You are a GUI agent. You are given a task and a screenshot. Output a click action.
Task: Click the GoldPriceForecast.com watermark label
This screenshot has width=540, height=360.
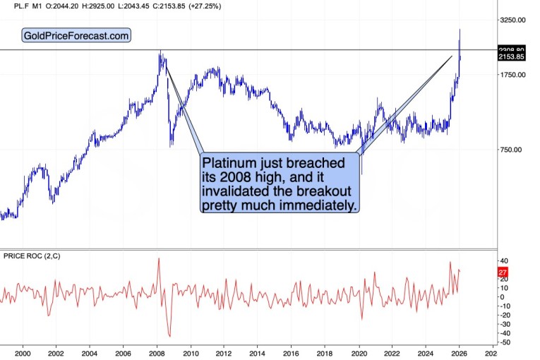[x=77, y=35]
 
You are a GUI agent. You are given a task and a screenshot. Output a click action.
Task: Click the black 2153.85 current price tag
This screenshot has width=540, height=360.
[x=511, y=56]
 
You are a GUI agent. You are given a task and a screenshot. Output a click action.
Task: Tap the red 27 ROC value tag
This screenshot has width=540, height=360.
[x=503, y=272]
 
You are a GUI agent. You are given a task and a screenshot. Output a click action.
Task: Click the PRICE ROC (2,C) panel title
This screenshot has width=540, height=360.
[x=31, y=255]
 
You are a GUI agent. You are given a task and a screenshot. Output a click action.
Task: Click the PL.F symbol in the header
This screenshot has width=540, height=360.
[x=13, y=6]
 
